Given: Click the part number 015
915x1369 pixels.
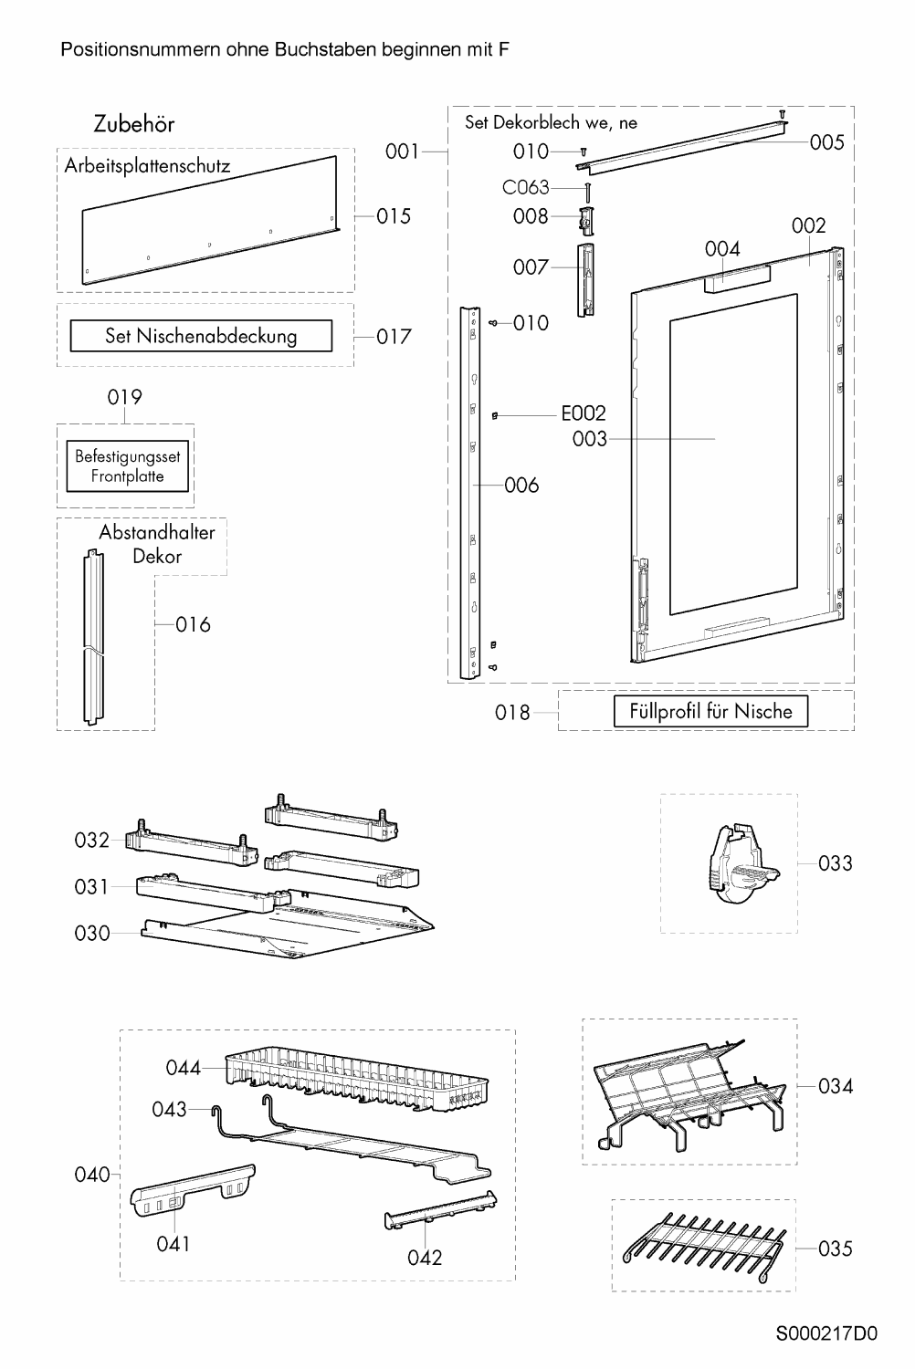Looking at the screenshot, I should tap(394, 216).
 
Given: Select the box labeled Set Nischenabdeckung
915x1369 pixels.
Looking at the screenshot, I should tap(201, 336).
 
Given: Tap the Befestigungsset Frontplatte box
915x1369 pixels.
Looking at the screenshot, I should tap(128, 466).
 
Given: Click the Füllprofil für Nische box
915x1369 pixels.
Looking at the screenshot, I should tap(710, 711).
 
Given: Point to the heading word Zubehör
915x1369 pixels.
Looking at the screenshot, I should tap(133, 124).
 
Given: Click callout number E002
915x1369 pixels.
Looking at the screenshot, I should tap(583, 413).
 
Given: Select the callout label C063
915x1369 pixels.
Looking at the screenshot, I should tap(526, 187).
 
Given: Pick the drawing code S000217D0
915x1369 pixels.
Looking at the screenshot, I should tap(826, 1333).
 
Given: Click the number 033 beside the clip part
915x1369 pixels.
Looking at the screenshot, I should tap(835, 863).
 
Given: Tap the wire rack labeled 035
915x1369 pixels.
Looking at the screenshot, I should tap(703, 1246).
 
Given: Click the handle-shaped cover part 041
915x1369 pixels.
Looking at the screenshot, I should tap(192, 1191).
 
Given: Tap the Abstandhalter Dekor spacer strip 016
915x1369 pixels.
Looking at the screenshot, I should tap(93, 639).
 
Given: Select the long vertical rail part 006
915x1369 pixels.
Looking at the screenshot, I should tap(473, 493).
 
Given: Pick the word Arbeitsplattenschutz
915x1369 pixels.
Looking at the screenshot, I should tap(147, 166).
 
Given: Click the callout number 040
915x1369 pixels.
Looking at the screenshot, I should tap(91, 1175).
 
